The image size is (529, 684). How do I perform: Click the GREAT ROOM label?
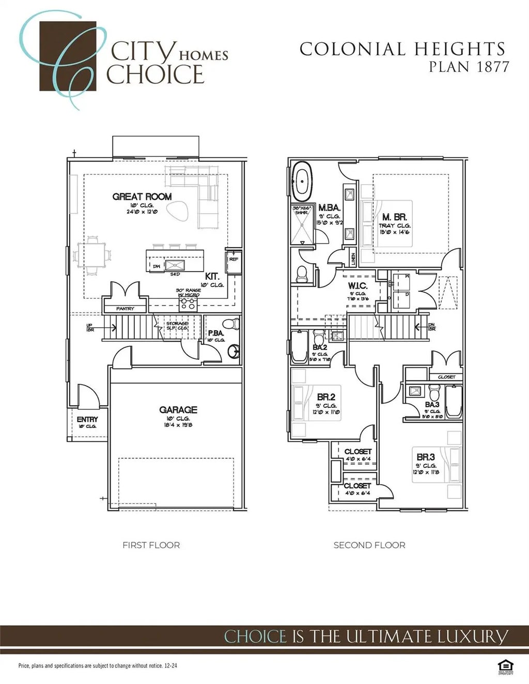pos(142,197)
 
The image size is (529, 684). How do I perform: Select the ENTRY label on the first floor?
pos(87,420)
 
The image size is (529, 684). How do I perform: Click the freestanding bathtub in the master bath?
pos(302,182)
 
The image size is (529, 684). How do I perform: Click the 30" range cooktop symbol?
pos(189,303)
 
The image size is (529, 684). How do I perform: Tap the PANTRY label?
pos(125,309)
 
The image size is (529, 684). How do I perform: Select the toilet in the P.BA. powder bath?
pos(235,324)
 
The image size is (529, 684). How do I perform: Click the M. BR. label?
pos(395,217)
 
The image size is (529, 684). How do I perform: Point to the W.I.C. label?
pos(357,286)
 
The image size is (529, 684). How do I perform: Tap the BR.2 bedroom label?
pos(326,397)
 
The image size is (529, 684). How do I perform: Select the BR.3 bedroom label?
pos(426,457)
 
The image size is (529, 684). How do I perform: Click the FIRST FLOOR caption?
pos(151,545)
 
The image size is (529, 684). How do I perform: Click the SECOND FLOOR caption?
pos(369,545)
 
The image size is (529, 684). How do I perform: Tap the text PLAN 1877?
pos(469,67)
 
